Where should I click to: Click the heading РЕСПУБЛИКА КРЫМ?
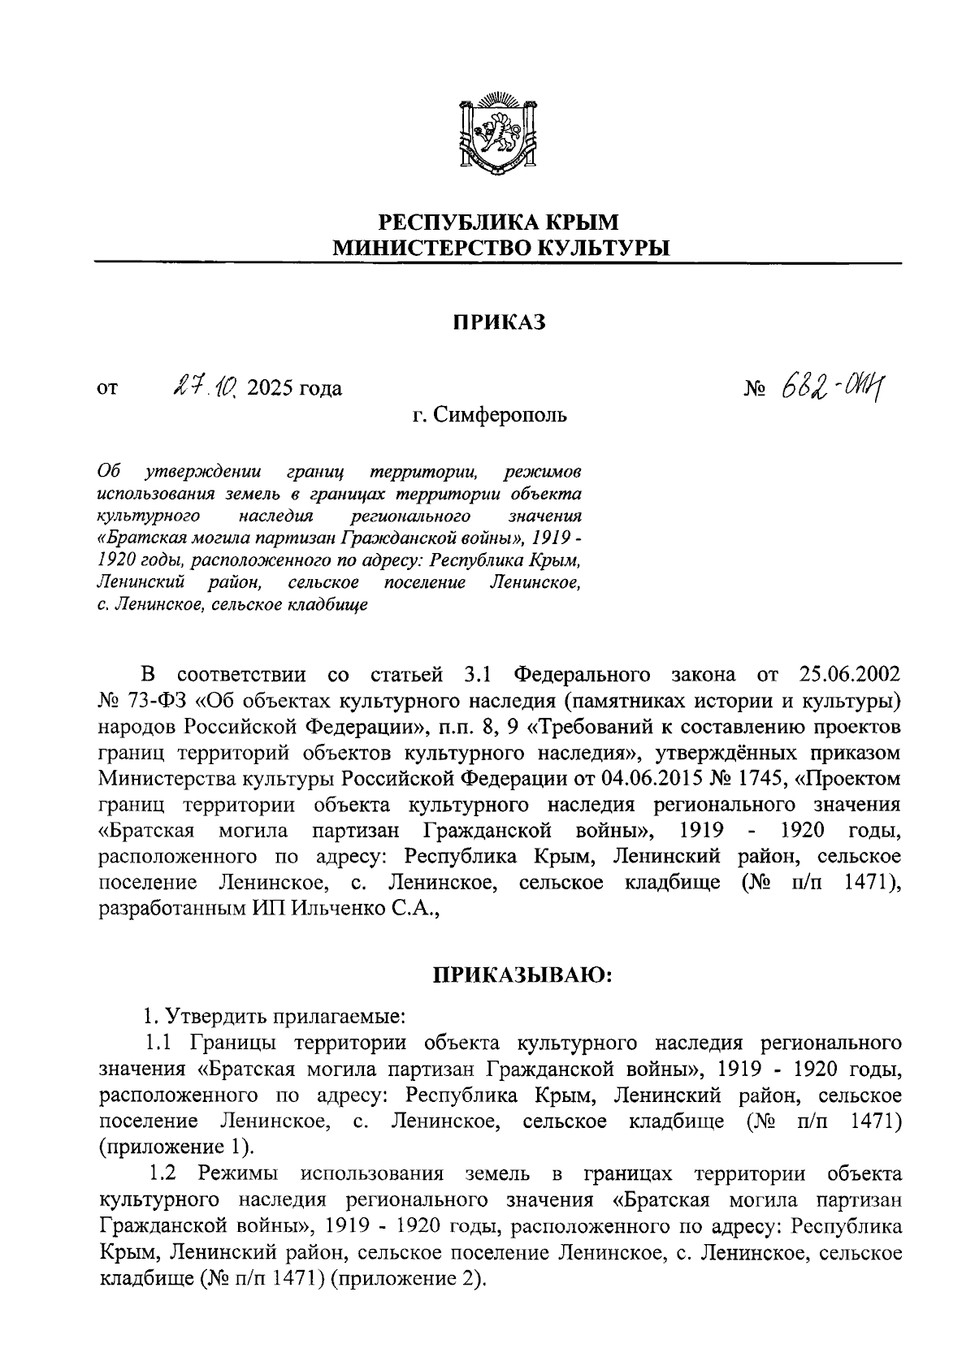(499, 222)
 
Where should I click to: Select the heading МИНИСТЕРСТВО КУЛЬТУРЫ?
(499, 248)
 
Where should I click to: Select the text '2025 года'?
(294, 388)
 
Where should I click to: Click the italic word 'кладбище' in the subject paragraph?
(329, 605)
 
